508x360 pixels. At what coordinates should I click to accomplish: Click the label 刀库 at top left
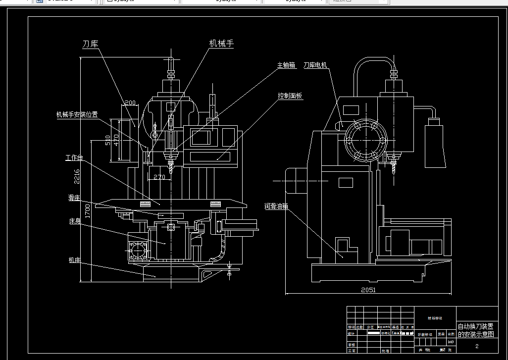pyautogui.click(x=90, y=44)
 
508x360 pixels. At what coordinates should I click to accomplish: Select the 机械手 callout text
pyautogui.click(x=221, y=44)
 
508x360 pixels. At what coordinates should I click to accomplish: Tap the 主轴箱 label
pyautogui.click(x=286, y=65)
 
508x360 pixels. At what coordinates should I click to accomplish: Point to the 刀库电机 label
pyautogui.click(x=315, y=65)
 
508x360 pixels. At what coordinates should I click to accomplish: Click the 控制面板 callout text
pyautogui.click(x=290, y=96)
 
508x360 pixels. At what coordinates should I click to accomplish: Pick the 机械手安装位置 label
pyautogui.click(x=77, y=115)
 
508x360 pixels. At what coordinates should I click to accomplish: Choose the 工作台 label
pyautogui.click(x=74, y=158)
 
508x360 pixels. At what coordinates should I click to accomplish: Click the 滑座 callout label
pyautogui.click(x=74, y=198)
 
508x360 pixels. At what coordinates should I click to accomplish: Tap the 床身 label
pyautogui.click(x=75, y=220)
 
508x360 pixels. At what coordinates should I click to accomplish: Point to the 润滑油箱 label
pyautogui.click(x=276, y=206)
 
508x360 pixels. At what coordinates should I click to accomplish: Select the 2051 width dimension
pyautogui.click(x=368, y=290)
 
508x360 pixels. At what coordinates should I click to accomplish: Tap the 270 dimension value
pyautogui.click(x=159, y=177)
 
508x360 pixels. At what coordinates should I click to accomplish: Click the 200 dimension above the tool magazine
pyautogui.click(x=130, y=103)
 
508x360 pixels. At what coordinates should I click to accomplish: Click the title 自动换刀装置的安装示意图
pyautogui.click(x=476, y=330)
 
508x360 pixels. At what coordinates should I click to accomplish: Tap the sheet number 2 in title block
pyautogui.click(x=477, y=346)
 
